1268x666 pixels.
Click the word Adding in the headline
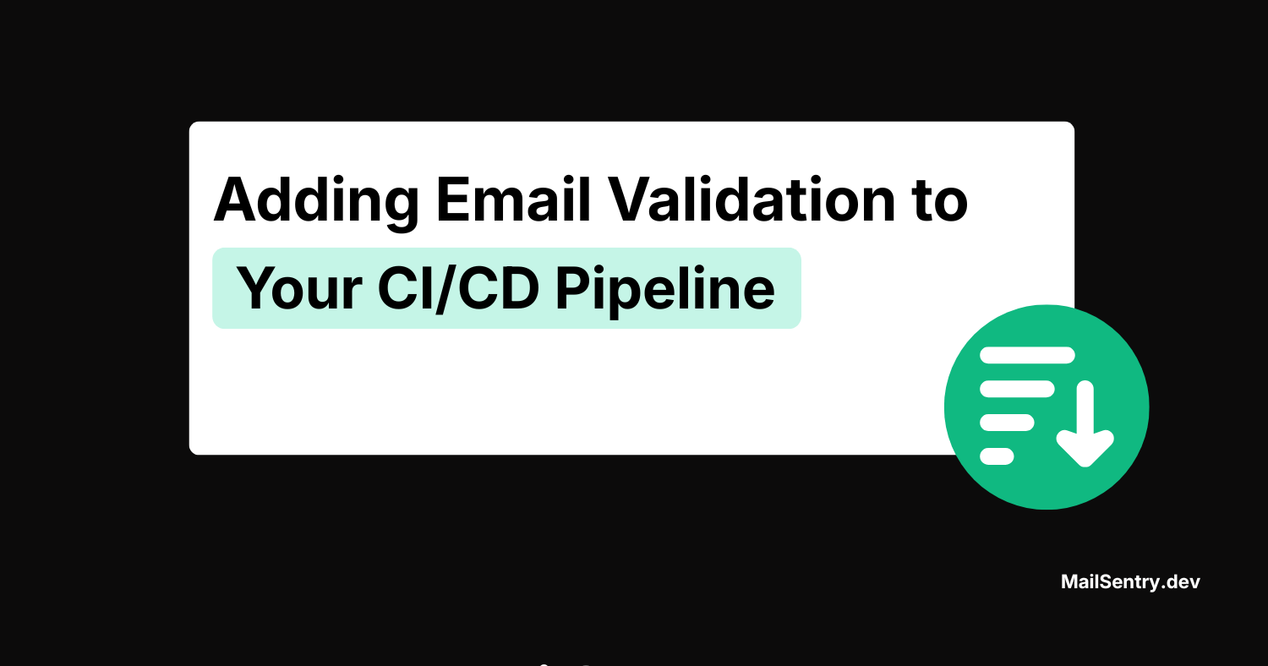pyautogui.click(x=316, y=200)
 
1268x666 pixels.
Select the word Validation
pyautogui.click(x=749, y=200)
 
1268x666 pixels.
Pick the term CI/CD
pyautogui.click(x=457, y=289)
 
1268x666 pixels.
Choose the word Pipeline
pyautogui.click(x=664, y=289)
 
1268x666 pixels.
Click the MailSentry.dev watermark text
pyautogui.click(x=1130, y=581)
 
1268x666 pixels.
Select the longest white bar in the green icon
pyautogui.click(x=1027, y=356)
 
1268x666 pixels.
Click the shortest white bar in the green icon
pyautogui.click(x=997, y=456)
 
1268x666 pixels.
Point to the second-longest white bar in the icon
pyautogui.click(x=1017, y=389)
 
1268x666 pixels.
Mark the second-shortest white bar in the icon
pyautogui.click(x=1007, y=423)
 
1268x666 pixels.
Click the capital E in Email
pyautogui.click(x=454, y=200)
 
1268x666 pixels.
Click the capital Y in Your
pyautogui.click(x=255, y=289)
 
